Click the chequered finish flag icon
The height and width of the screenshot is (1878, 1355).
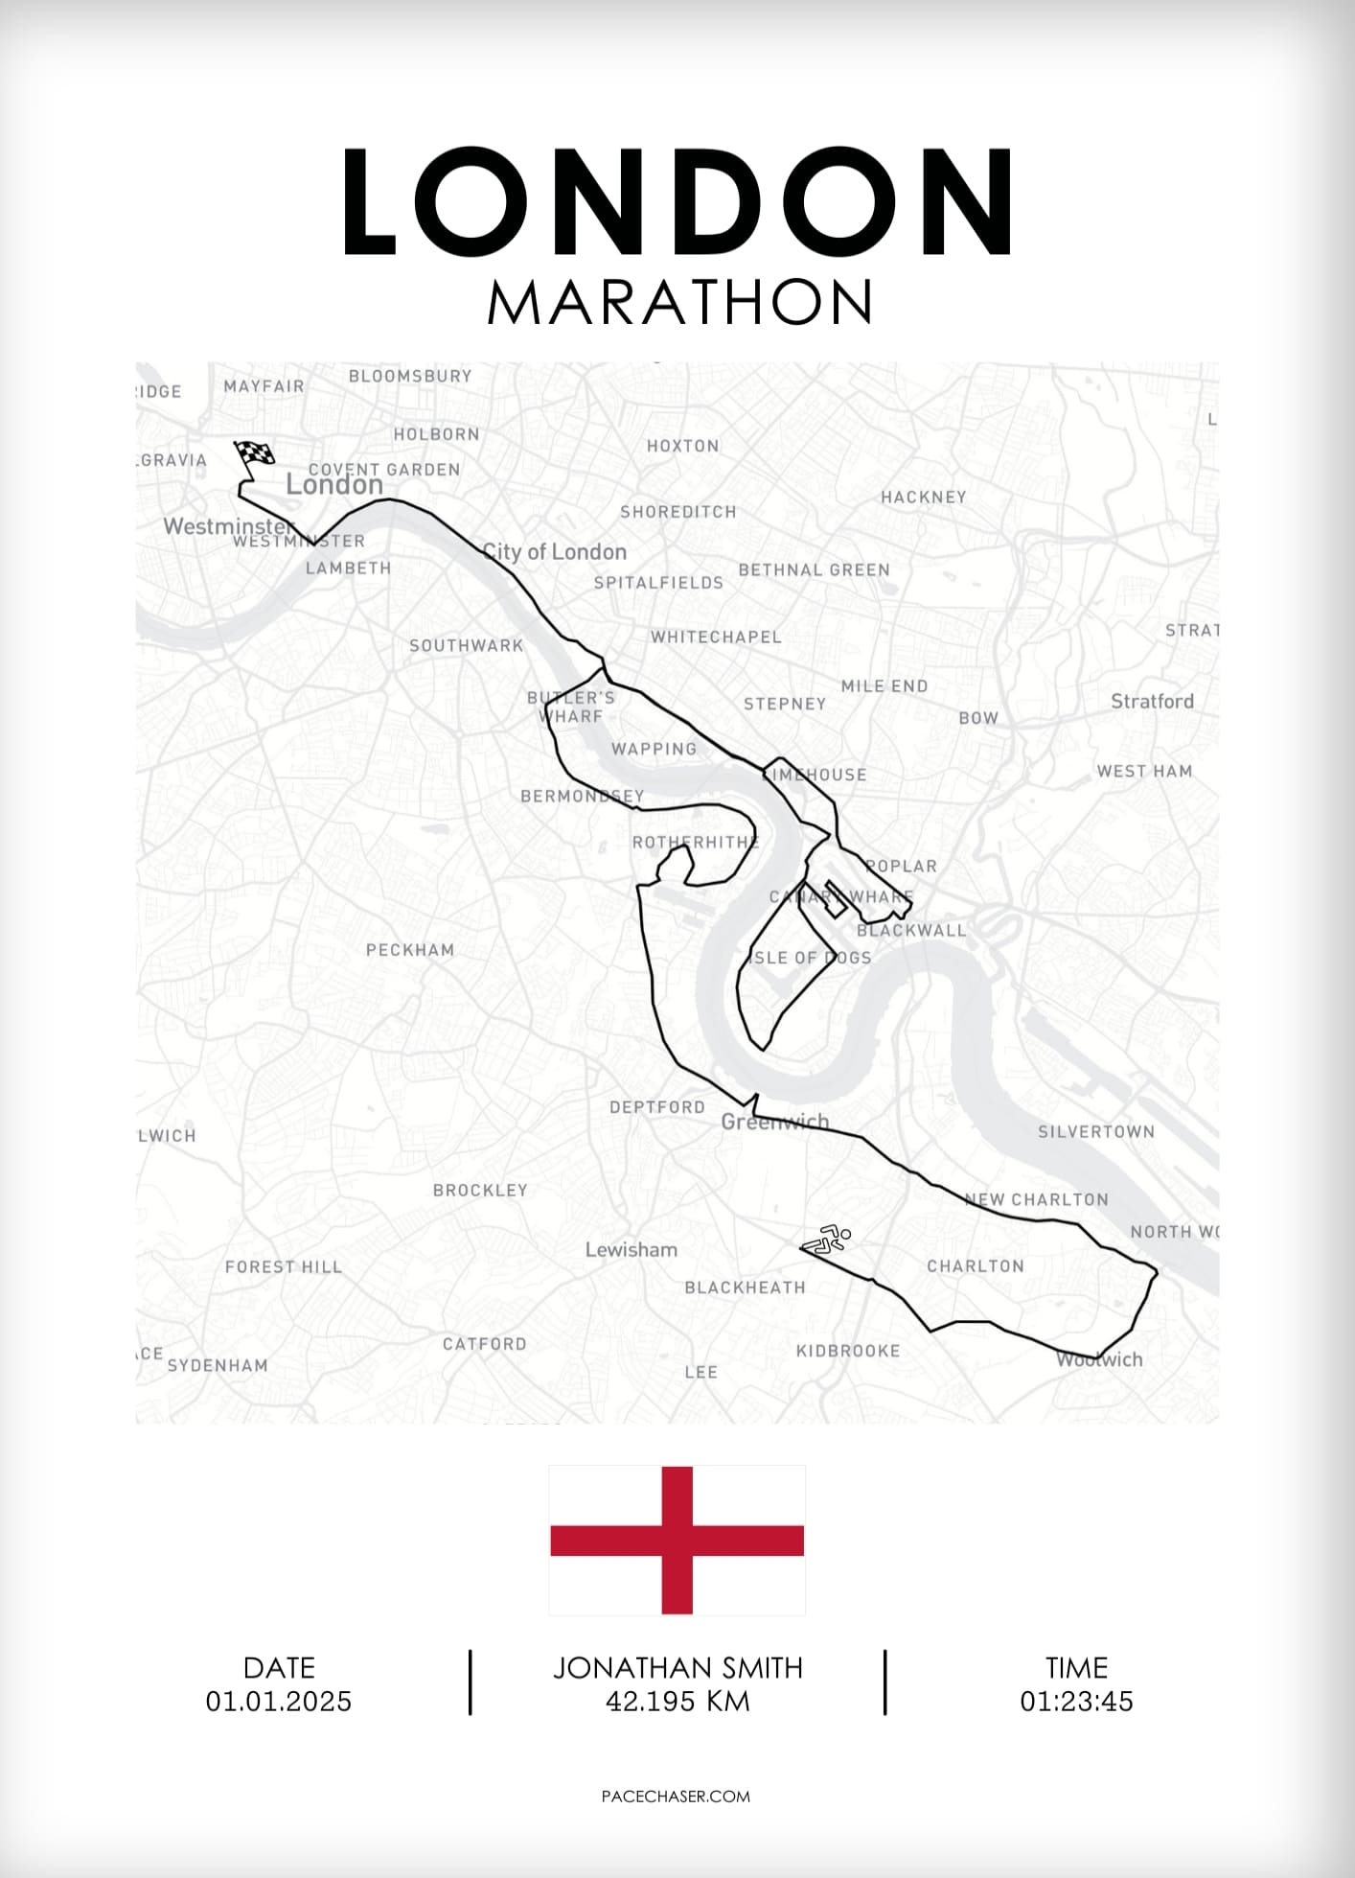pyautogui.click(x=254, y=453)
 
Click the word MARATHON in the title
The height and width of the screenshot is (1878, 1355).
pyautogui.click(x=679, y=302)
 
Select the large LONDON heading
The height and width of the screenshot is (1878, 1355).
pyautogui.click(x=677, y=202)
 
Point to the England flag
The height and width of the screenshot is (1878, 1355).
pyautogui.click(x=677, y=1540)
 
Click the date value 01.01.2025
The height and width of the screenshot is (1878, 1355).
pyautogui.click(x=279, y=1702)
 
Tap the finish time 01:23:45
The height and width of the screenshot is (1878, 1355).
pyautogui.click(x=1076, y=1702)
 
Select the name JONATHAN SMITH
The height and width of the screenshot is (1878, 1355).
pyautogui.click(x=677, y=1668)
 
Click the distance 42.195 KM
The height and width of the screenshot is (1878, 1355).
pyautogui.click(x=677, y=1702)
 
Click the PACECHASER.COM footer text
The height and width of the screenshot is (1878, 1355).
pyautogui.click(x=676, y=1797)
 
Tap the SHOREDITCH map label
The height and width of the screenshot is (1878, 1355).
pyautogui.click(x=678, y=512)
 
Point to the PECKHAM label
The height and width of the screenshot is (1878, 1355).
pyautogui.click(x=410, y=950)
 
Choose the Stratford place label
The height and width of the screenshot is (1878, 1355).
pyautogui.click(x=1152, y=701)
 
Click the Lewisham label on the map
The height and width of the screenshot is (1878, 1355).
pyautogui.click(x=632, y=1249)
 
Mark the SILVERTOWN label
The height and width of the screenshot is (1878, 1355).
pyautogui.click(x=1096, y=1132)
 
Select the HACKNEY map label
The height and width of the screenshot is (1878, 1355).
pyautogui.click(x=924, y=497)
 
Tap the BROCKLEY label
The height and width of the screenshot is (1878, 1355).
pyautogui.click(x=480, y=1190)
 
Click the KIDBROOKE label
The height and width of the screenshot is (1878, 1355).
pyautogui.click(x=848, y=1351)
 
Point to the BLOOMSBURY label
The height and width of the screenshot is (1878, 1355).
pyautogui.click(x=410, y=376)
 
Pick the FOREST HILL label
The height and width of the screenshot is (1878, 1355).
pyautogui.click(x=284, y=1266)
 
